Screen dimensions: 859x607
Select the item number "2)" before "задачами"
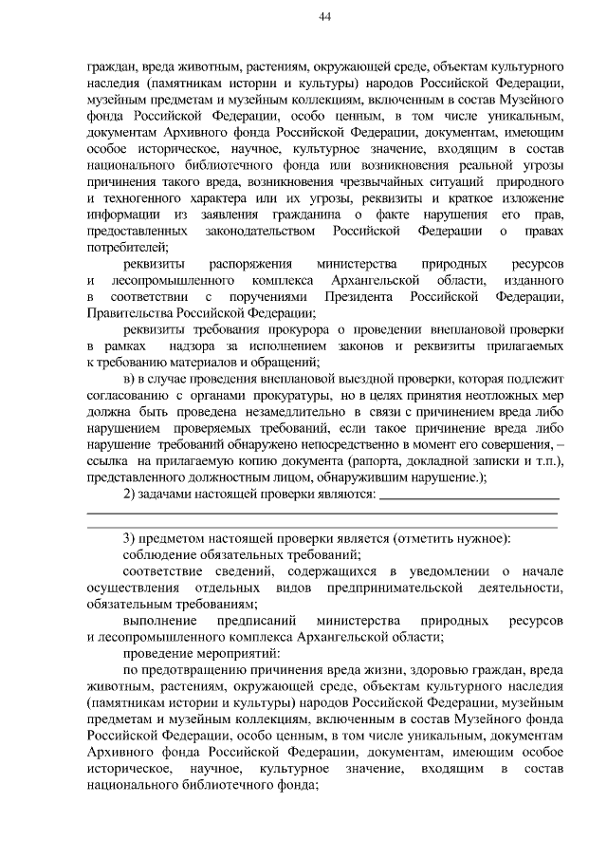[x=131, y=494]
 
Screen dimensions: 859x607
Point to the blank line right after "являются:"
[x=469, y=495]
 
